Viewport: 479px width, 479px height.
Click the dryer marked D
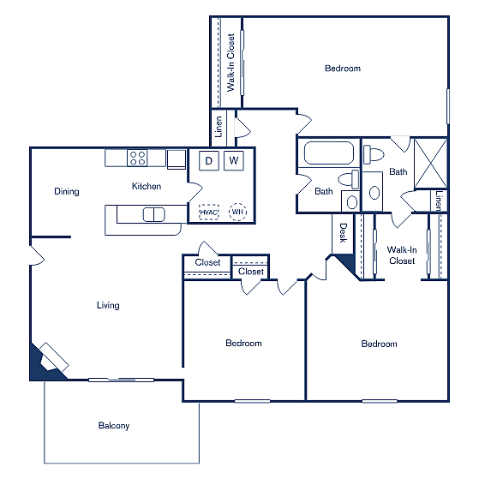[208, 160]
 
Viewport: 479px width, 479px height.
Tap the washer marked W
[234, 160]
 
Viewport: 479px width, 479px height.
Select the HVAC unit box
[209, 212]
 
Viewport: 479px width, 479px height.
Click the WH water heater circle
[237, 212]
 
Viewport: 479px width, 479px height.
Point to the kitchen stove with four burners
[137, 158]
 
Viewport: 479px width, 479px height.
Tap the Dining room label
[66, 192]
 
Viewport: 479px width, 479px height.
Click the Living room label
[108, 306]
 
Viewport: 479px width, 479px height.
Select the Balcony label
[113, 426]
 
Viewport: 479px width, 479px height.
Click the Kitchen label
[146, 186]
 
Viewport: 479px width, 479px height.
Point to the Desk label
[343, 231]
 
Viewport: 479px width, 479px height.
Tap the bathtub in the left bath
[329, 154]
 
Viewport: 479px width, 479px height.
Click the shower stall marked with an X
[428, 162]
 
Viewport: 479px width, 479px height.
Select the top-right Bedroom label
[343, 69]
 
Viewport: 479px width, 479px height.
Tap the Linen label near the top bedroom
[219, 127]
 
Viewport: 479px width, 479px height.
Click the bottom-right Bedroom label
[379, 344]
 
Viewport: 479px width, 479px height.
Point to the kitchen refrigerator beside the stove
[177, 159]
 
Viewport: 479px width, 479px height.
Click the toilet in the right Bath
[374, 155]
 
